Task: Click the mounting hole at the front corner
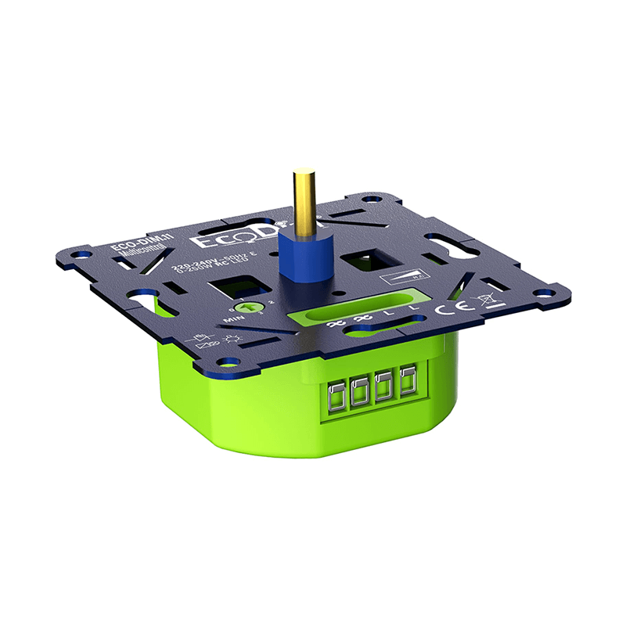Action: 227,362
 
